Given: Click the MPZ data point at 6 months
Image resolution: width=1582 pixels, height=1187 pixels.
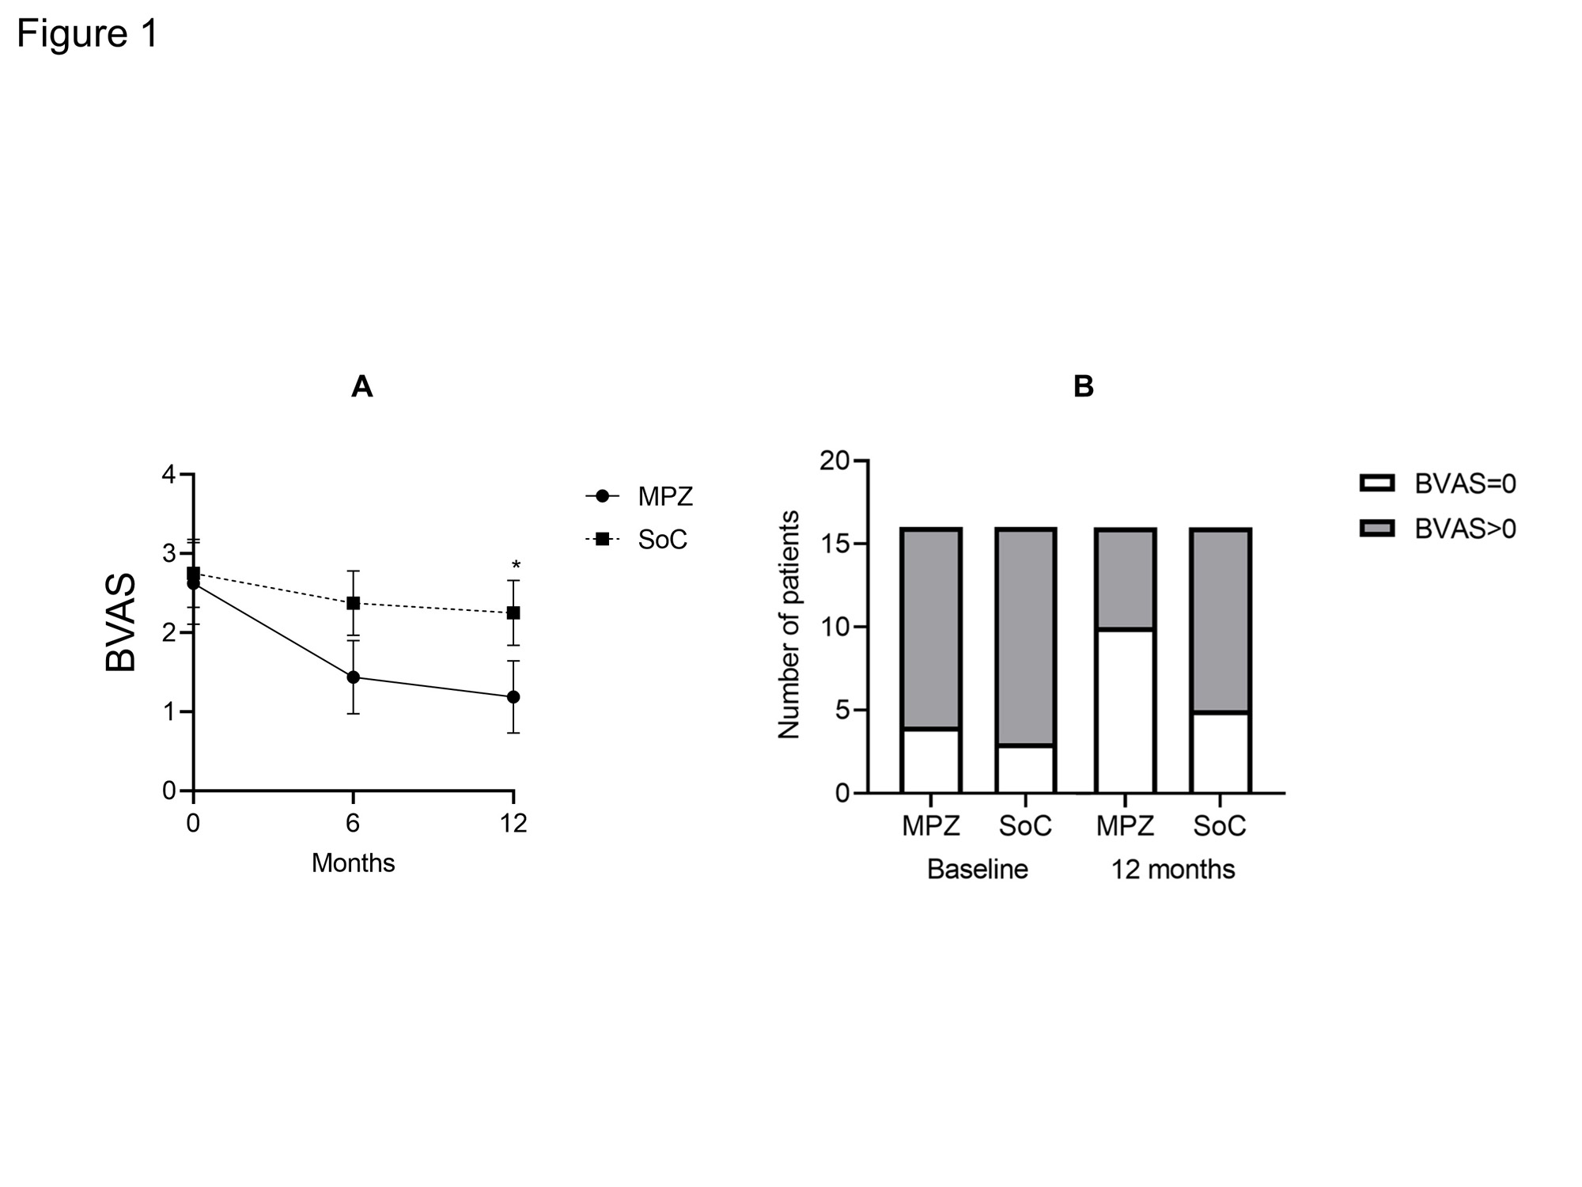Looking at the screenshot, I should tap(353, 677).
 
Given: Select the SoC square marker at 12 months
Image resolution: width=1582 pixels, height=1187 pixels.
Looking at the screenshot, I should tap(513, 612).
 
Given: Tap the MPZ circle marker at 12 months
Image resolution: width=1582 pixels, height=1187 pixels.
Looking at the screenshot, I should tap(513, 697).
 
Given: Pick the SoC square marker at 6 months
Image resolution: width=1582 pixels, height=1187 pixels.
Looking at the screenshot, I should tap(353, 603).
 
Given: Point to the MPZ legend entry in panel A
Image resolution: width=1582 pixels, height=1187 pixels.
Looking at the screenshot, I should tap(639, 497).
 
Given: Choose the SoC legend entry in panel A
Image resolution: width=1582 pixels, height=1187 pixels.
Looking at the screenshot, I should tap(638, 540).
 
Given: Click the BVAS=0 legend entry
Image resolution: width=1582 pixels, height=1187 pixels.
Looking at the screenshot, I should tap(1438, 484).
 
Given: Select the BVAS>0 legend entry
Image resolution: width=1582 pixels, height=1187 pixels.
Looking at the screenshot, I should tap(1438, 529).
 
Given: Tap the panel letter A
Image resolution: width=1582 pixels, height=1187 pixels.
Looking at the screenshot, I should tap(361, 387).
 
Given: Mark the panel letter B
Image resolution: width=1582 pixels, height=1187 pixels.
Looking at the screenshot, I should tap(1083, 387).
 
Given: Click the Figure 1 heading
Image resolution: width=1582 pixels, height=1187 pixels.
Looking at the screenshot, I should tap(87, 34).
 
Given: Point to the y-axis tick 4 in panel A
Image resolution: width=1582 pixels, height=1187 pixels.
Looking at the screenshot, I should tap(168, 475).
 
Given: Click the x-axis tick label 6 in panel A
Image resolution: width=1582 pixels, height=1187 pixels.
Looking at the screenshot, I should tap(353, 824).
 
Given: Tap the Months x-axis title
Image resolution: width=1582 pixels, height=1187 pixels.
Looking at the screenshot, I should tap(353, 863).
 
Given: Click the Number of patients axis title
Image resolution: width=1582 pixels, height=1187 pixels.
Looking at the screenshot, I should tap(789, 625).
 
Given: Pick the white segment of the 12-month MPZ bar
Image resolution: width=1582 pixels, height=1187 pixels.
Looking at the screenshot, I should tap(1125, 711).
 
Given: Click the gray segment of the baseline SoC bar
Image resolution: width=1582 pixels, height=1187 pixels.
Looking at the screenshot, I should tap(1025, 637).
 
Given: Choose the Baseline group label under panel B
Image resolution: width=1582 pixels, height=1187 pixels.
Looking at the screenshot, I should tap(977, 870).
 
